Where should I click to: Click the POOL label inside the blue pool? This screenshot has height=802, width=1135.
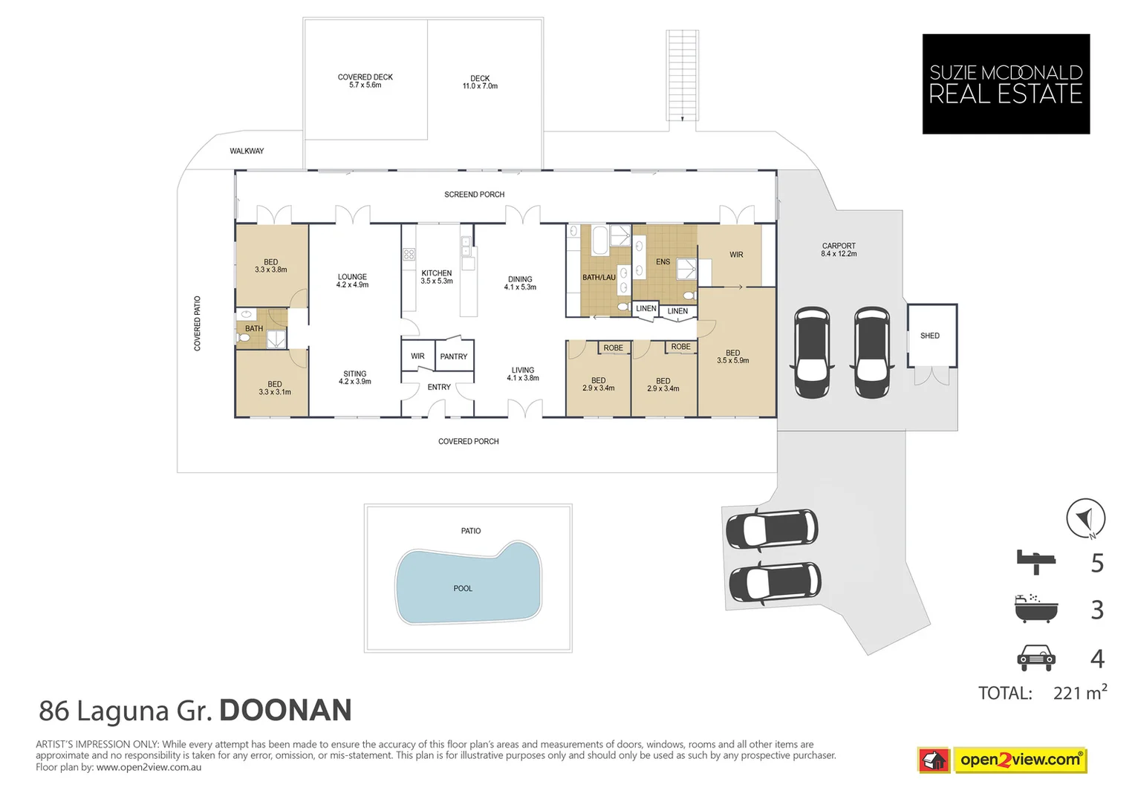tap(463, 588)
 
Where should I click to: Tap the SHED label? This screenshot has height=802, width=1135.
tap(930, 336)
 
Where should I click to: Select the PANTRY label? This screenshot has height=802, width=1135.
tap(454, 356)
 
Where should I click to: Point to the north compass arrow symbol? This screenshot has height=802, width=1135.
tap(1085, 518)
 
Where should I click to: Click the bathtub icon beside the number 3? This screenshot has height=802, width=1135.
tap(1036, 608)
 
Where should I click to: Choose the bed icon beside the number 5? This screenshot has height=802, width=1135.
tap(1035, 562)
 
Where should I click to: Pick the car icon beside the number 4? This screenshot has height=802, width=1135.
tap(1036, 658)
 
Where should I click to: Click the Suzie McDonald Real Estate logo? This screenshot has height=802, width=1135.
tap(1006, 84)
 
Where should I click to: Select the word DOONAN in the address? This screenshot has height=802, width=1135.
tap(285, 711)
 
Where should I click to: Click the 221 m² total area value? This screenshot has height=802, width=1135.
tap(1080, 692)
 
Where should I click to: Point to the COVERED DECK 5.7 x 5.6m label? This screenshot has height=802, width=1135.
tap(365, 81)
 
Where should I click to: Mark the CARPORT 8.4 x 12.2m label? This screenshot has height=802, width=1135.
tap(839, 250)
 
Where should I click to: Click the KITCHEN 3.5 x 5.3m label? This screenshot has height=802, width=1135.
tap(436, 277)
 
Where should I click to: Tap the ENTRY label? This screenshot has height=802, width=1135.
tap(439, 387)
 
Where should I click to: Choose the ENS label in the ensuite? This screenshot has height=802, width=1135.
tap(663, 262)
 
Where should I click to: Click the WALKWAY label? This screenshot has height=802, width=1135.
tap(247, 151)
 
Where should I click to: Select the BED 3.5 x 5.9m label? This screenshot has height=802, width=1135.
tap(732, 356)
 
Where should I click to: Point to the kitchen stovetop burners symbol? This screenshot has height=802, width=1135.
tap(409, 254)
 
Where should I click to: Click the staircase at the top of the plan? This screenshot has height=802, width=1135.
tap(683, 76)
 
